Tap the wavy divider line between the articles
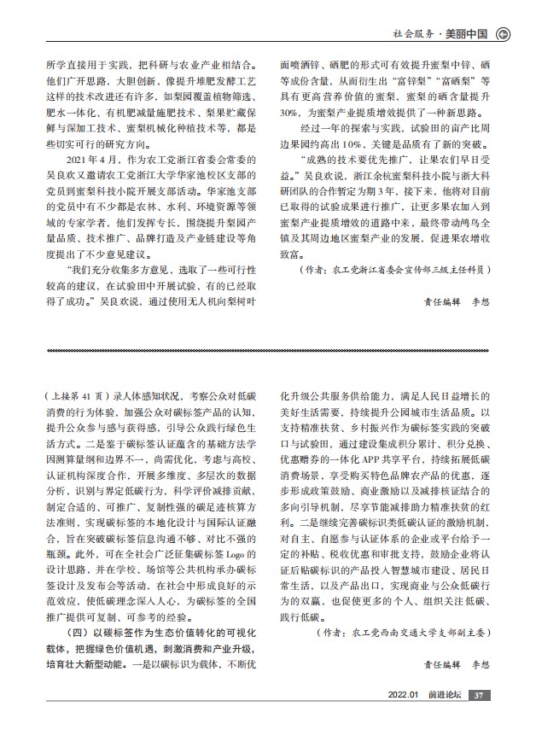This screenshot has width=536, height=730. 268,350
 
